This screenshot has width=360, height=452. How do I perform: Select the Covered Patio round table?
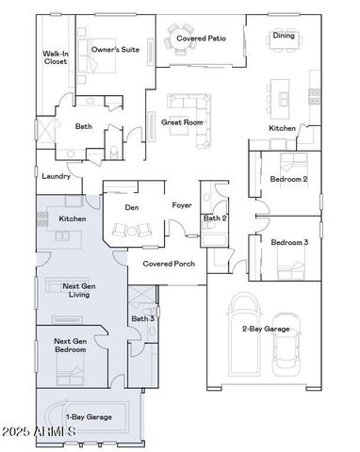point(184,40)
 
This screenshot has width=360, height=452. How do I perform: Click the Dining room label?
point(284,36)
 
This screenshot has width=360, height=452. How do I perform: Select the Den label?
point(132,207)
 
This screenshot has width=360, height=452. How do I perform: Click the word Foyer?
point(182,204)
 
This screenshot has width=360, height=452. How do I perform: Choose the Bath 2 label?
point(214,218)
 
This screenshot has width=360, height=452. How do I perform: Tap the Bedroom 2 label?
point(289,178)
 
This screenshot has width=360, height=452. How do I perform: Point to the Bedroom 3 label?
point(289,243)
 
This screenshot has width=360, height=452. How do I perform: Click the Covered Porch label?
point(169,264)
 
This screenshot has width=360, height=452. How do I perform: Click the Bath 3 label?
point(142,318)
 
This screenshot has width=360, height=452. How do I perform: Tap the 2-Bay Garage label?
point(265,329)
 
